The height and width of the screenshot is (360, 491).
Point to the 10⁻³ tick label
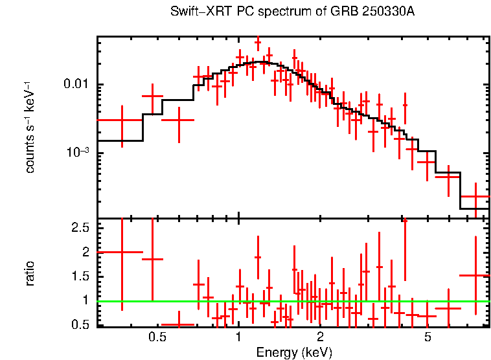coord(77,153)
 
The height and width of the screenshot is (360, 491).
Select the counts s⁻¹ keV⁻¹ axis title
coord(30,127)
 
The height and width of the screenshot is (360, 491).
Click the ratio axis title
coord(30,273)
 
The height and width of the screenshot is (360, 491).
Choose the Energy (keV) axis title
coord(293,352)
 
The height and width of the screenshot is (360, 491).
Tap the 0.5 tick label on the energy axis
coord(156,337)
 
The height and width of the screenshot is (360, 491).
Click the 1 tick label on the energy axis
coord(238,337)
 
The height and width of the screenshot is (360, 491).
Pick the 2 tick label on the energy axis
coord(320,337)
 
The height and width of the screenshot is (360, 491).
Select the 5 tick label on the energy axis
coord(428,337)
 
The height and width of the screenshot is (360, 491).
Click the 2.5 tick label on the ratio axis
coord(80,228)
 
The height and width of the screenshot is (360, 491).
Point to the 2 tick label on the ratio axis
coord(85,252)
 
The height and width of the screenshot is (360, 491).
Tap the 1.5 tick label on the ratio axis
coord(80,276)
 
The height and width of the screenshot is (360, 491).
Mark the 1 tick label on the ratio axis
coord(85,300)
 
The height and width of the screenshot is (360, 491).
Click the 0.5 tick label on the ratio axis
coord(80,324)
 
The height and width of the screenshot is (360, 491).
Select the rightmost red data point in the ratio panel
coord(475,275)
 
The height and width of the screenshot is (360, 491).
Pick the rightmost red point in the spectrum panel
coord(475,196)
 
